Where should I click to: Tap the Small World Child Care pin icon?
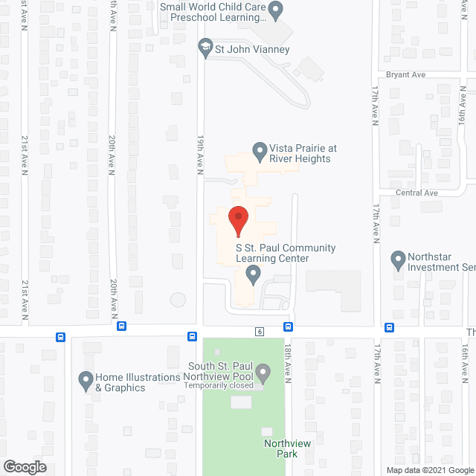[x=276, y=10]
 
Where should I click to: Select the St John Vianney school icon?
[x=205, y=49]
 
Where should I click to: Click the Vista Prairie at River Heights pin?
[x=260, y=152]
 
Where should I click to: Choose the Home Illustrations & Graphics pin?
[x=86, y=382]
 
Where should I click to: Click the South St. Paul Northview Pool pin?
[x=263, y=370]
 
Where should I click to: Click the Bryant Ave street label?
[x=405, y=75]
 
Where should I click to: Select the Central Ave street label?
[x=416, y=193]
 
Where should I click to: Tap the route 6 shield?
[x=260, y=331]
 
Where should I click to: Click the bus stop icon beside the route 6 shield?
[x=287, y=327]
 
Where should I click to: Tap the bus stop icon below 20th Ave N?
[x=121, y=326]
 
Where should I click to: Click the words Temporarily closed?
[x=220, y=385]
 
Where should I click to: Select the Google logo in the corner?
[x=24, y=467]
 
